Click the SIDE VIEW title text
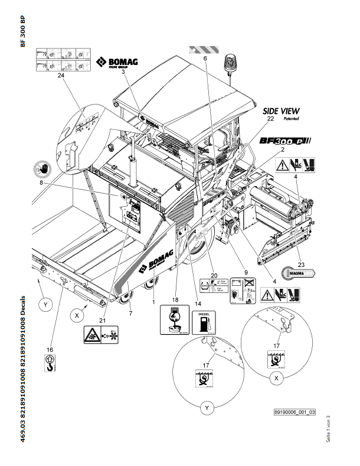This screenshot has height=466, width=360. pos(280,110)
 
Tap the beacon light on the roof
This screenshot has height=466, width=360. pos(230,63)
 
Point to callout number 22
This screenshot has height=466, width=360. pos(270,119)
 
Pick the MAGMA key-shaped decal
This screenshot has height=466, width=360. pos(300,272)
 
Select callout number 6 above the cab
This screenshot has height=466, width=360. pos(205,60)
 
